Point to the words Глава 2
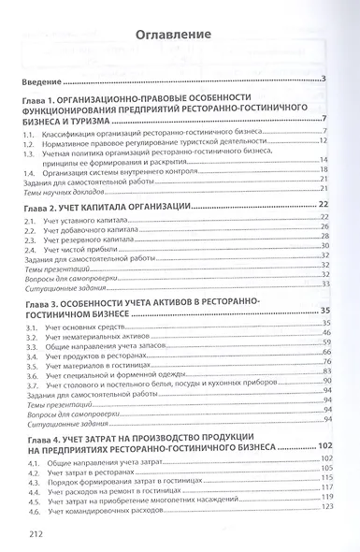click(45, 204)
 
